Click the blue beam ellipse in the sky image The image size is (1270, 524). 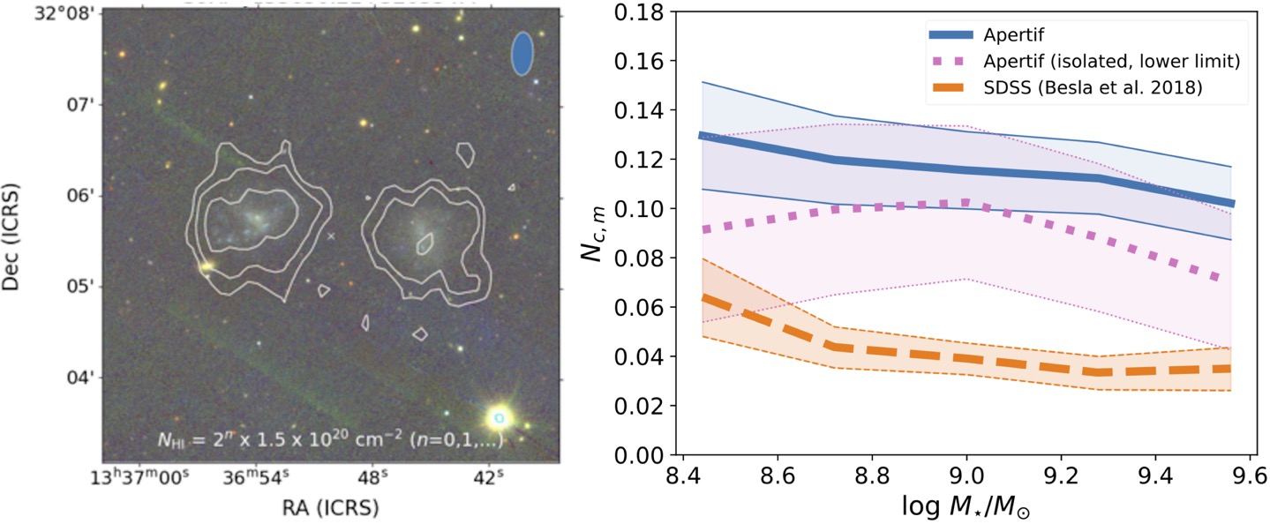pyautogui.click(x=522, y=54)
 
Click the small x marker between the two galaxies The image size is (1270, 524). pyautogui.click(x=331, y=236)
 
